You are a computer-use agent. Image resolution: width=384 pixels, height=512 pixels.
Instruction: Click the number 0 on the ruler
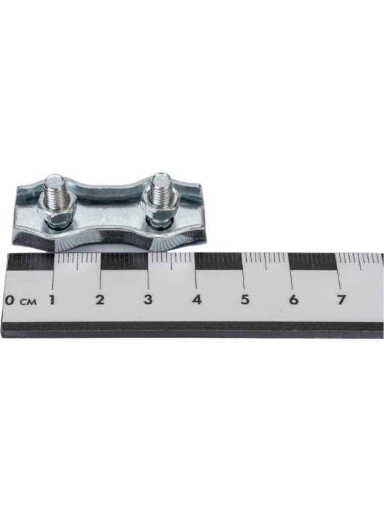pyautogui.click(x=10, y=300)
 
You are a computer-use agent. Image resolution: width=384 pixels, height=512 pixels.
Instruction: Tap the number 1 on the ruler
pyautogui.click(x=52, y=299)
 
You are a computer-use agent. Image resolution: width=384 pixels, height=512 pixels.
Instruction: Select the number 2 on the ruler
pyautogui.click(x=100, y=299)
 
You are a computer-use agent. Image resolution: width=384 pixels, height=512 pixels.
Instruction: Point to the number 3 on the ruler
pyautogui.click(x=148, y=299)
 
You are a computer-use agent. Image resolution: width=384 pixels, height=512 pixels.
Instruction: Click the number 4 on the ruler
pyautogui.click(x=197, y=299)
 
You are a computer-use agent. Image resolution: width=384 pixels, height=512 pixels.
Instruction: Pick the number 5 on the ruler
pyautogui.click(x=245, y=299)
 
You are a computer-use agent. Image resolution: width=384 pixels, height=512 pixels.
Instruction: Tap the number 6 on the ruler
pyautogui.click(x=294, y=299)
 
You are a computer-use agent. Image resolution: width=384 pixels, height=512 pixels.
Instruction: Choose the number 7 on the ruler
pyautogui.click(x=341, y=299)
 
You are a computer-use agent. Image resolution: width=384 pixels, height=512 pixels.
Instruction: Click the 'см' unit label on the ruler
pyautogui.click(x=28, y=301)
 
